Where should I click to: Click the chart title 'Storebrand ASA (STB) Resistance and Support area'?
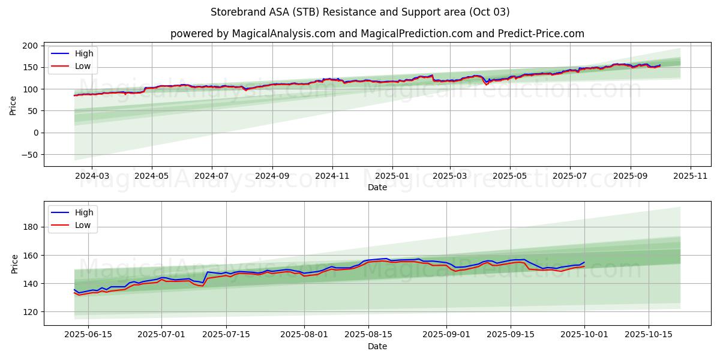coord(360,12)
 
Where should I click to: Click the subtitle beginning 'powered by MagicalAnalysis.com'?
coord(377,34)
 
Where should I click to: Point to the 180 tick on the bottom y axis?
coord(32,227)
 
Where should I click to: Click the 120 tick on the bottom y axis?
coord(32,312)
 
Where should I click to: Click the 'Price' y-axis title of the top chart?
coord(13,105)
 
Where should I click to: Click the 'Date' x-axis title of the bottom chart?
coord(377,346)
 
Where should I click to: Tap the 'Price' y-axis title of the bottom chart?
coord(13,263)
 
